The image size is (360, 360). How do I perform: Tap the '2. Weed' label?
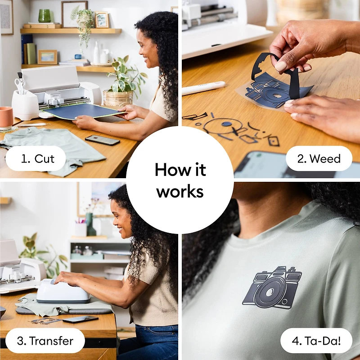click(319, 158)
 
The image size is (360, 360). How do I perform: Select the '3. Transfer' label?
click(45, 340)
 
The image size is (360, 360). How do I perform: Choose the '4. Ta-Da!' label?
click(316, 340)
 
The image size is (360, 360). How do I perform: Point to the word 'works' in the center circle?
click(180, 191)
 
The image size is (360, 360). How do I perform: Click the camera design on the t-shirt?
click(272, 288)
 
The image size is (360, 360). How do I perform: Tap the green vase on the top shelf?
click(45, 16)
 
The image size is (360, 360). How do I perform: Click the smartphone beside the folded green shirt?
click(102, 140)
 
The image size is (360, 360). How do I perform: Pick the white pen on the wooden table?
click(203, 88)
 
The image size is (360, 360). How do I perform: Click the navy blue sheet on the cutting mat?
click(85, 111)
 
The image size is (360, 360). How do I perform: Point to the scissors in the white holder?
click(19, 84)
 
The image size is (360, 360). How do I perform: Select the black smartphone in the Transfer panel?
click(80, 319)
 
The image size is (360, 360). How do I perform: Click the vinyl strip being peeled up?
click(279, 72)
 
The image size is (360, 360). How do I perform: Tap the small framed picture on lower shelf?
click(47, 57)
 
